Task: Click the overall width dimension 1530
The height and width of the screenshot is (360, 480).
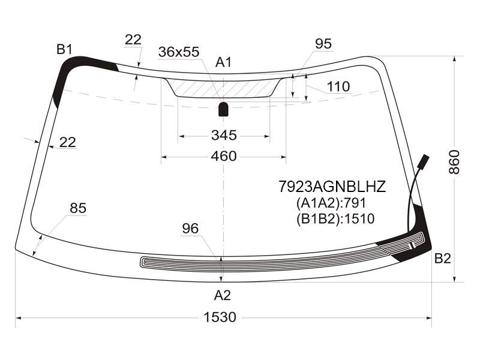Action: click(x=220, y=317)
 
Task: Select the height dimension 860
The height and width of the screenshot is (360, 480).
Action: click(x=454, y=162)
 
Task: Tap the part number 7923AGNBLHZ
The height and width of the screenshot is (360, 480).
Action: click(x=332, y=187)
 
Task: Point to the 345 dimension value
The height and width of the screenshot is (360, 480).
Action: click(x=224, y=135)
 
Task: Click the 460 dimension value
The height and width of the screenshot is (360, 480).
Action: click(x=224, y=156)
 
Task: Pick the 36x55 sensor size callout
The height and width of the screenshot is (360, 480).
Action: click(x=179, y=52)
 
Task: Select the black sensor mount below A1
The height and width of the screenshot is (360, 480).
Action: click(x=223, y=109)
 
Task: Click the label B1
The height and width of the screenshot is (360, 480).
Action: click(x=64, y=49)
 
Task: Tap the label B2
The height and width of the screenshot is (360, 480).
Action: click(x=443, y=259)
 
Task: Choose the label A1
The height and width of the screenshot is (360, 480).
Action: click(x=223, y=62)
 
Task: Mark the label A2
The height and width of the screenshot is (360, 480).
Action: click(x=222, y=295)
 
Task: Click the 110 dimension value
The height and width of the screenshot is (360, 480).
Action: click(x=338, y=86)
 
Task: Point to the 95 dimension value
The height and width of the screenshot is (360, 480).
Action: click(x=323, y=44)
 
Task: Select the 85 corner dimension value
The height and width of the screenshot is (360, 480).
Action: click(x=78, y=208)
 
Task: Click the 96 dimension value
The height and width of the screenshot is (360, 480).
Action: click(x=190, y=229)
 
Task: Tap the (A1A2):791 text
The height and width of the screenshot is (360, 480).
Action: click(x=331, y=203)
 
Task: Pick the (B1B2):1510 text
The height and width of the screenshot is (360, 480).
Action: click(x=335, y=218)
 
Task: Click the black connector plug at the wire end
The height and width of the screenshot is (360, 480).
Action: click(x=424, y=161)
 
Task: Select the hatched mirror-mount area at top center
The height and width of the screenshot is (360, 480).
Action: click(x=223, y=88)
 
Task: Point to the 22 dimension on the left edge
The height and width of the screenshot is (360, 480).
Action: click(x=67, y=142)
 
